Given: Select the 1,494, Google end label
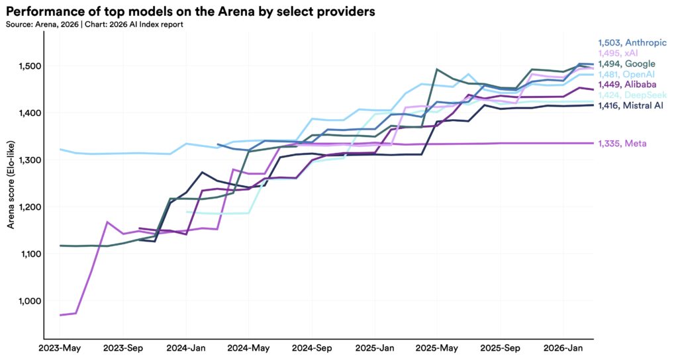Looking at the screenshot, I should click(x=626, y=64).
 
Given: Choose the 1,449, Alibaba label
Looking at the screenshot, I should click(x=627, y=85).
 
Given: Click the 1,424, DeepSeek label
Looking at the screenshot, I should click(x=632, y=95).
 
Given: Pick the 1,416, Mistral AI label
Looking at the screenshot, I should click(x=631, y=105).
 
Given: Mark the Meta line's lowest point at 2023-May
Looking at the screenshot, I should click(x=60, y=315).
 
